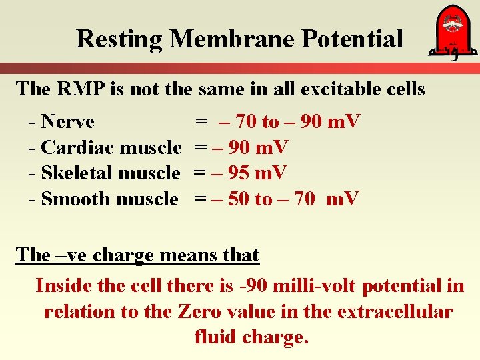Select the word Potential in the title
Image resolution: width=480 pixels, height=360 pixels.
coord(353,39)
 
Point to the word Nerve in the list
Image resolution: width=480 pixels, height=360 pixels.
coord(67,122)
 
